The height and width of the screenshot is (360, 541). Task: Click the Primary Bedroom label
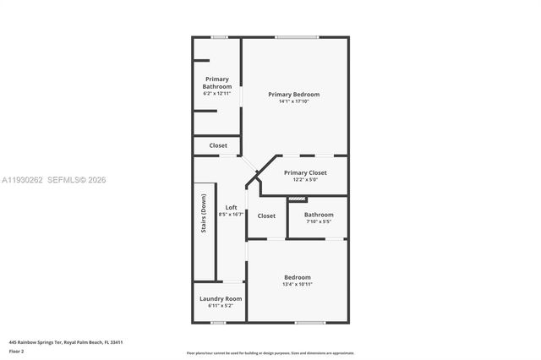click(294, 94)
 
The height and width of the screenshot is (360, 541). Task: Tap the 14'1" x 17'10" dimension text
click(294, 101)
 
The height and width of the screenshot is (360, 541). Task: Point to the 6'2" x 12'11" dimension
click(217, 93)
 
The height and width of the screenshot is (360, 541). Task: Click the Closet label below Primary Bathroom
click(218, 145)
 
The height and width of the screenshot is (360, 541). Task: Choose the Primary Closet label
click(305, 172)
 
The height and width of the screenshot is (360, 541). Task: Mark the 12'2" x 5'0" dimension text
click(305, 179)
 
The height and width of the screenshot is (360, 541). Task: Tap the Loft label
click(231, 208)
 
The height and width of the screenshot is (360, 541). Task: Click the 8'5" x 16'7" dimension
click(231, 215)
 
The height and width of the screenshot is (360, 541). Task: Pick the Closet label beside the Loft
click(266, 215)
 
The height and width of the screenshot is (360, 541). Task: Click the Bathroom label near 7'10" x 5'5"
click(319, 215)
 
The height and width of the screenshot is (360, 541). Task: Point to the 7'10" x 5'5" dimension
click(319, 222)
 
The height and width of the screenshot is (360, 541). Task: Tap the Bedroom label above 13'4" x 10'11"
click(298, 277)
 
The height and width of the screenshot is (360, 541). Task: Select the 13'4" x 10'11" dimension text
click(298, 285)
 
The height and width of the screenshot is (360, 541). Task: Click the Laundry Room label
click(221, 298)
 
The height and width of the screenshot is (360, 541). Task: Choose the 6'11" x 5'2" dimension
click(221, 306)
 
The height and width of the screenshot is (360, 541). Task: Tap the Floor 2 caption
click(16, 351)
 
